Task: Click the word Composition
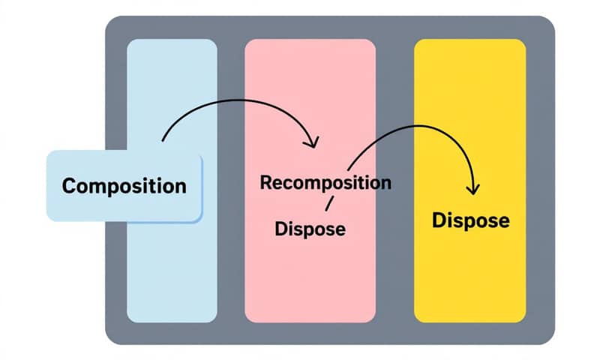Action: coord(124,185)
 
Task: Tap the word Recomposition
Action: coord(325,182)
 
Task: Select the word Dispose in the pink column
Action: coord(310,228)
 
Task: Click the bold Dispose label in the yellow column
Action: coord(471,220)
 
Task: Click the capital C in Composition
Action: coord(68,185)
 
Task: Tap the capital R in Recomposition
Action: coord(265,183)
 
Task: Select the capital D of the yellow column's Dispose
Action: coord(439,220)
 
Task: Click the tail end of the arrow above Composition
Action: coord(163,140)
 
